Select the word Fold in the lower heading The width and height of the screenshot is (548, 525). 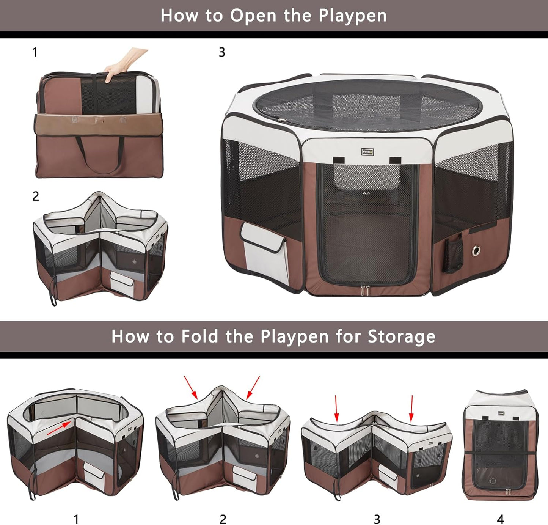(x=199, y=336)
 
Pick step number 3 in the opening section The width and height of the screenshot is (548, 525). (x=222, y=52)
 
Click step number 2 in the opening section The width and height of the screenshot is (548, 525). (x=36, y=196)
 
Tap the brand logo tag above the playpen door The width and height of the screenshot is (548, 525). (x=367, y=152)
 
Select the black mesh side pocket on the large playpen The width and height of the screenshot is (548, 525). (x=453, y=255)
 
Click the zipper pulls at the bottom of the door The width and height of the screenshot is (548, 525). (x=366, y=291)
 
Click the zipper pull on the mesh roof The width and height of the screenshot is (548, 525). (x=281, y=120)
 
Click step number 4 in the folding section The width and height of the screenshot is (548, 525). (x=500, y=519)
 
